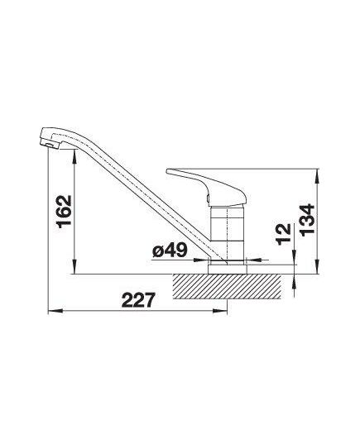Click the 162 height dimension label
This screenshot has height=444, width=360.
click(64, 212)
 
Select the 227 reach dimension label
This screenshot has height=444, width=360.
click(138, 300)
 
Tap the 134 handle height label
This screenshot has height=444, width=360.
click(307, 220)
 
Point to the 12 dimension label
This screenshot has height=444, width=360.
click(283, 235)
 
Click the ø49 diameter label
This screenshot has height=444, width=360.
click(170, 250)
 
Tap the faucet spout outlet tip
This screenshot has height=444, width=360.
click(50, 144)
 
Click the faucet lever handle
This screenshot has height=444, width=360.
click(206, 187)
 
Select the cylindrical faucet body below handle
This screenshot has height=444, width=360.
click(228, 233)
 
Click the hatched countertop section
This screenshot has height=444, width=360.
click(227, 286)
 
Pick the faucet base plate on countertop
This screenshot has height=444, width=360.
click(228, 269)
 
